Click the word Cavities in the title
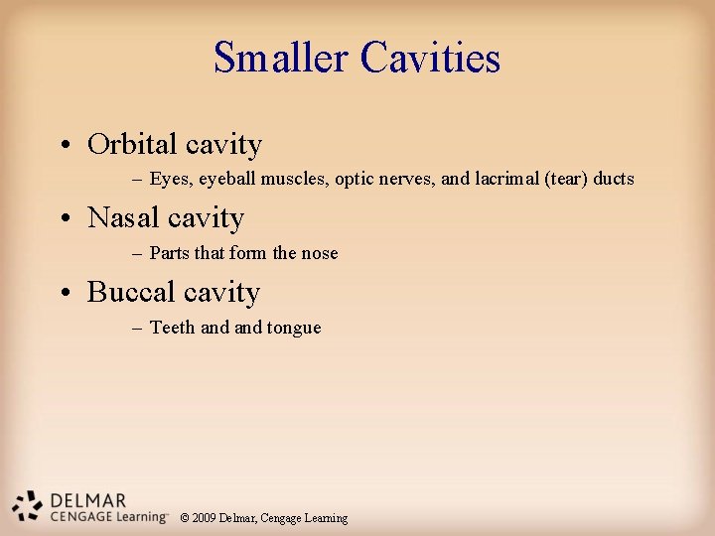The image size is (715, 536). pyautogui.click(x=430, y=58)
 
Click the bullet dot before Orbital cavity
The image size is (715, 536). pyautogui.click(x=63, y=147)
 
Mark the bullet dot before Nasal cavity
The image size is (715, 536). pyautogui.click(x=63, y=220)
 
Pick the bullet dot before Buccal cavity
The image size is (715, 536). pyautogui.click(x=63, y=295)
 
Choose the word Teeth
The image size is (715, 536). pyautogui.click(x=172, y=328)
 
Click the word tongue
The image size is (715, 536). pyautogui.click(x=294, y=328)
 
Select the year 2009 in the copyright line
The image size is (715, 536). pyautogui.click(x=205, y=518)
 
